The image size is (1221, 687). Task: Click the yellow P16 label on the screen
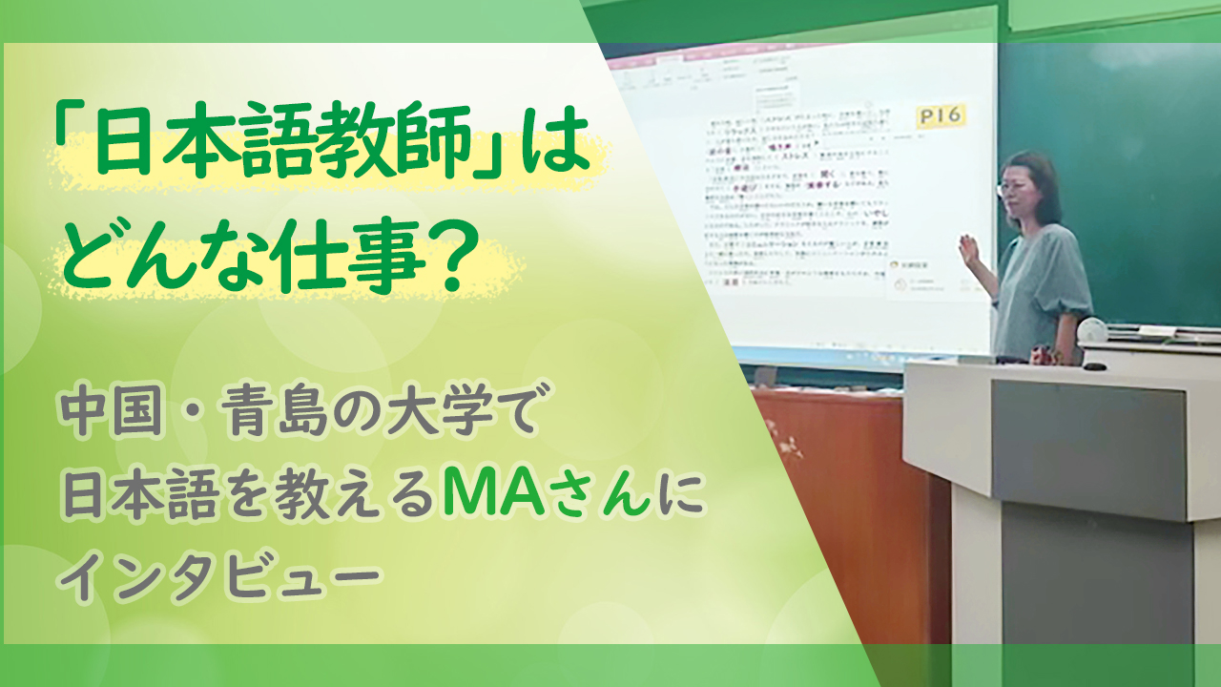coord(941,116)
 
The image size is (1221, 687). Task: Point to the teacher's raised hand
coord(970,252)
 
